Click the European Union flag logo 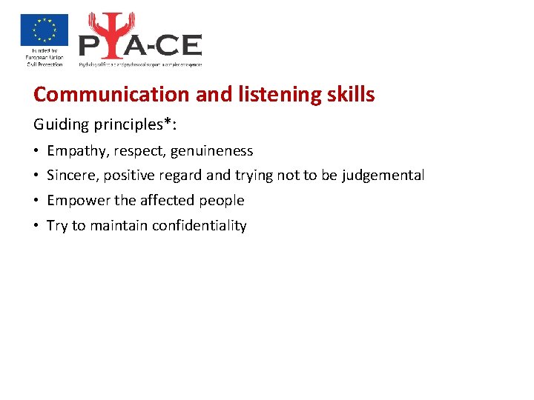click(44, 30)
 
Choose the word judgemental click(383, 176)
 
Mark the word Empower click(74, 201)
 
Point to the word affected click(162, 201)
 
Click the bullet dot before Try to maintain click(36, 226)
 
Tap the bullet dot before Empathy click(36, 151)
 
